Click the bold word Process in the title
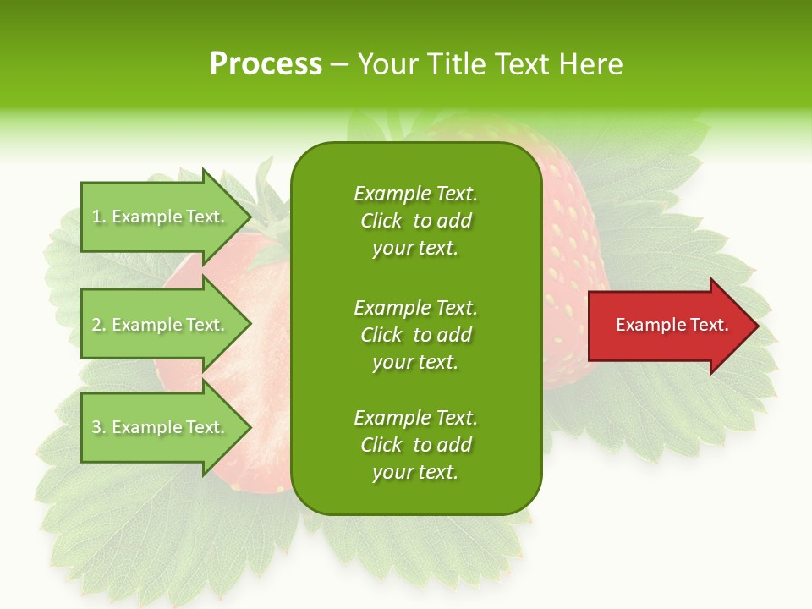(266, 64)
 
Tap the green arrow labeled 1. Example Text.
(161, 217)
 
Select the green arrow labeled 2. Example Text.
(161, 325)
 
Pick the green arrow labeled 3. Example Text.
(161, 427)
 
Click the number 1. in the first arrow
(99, 217)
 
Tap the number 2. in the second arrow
(99, 326)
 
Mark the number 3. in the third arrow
(99, 428)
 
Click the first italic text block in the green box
(415, 221)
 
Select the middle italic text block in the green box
(415, 335)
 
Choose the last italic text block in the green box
(415, 445)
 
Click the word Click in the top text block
(381, 222)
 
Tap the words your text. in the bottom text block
(415, 473)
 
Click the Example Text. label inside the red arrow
(672, 325)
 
